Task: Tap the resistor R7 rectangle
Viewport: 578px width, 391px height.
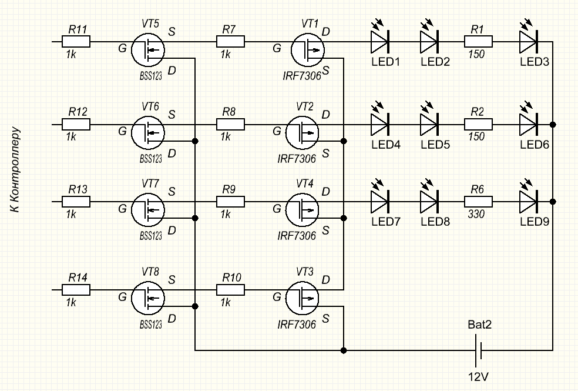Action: click(x=231, y=42)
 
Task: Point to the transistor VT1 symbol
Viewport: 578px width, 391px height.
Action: click(x=305, y=50)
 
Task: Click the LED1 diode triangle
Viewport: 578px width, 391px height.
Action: click(x=379, y=42)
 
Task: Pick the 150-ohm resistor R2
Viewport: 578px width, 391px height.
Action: click(x=479, y=125)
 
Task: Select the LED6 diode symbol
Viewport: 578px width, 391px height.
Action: click(x=529, y=125)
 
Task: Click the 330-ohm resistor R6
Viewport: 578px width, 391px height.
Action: click(x=479, y=202)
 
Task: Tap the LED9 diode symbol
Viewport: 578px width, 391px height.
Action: click(x=529, y=202)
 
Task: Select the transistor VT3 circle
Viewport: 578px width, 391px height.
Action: click(x=302, y=298)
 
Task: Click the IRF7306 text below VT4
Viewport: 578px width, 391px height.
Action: click(x=297, y=236)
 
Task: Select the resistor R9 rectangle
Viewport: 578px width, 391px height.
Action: click(x=231, y=202)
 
